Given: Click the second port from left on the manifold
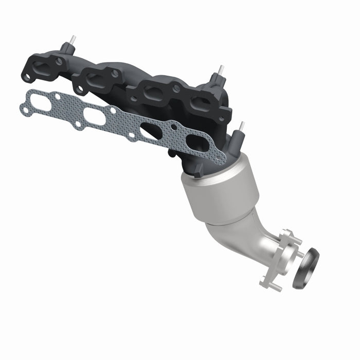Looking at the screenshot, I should coord(96,78).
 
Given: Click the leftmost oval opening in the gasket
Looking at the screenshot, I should coord(41,103).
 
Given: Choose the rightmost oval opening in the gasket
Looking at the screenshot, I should coord(198,143).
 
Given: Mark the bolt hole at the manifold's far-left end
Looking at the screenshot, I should coord(25,77).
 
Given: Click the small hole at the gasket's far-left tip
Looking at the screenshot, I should coord(24,109).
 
